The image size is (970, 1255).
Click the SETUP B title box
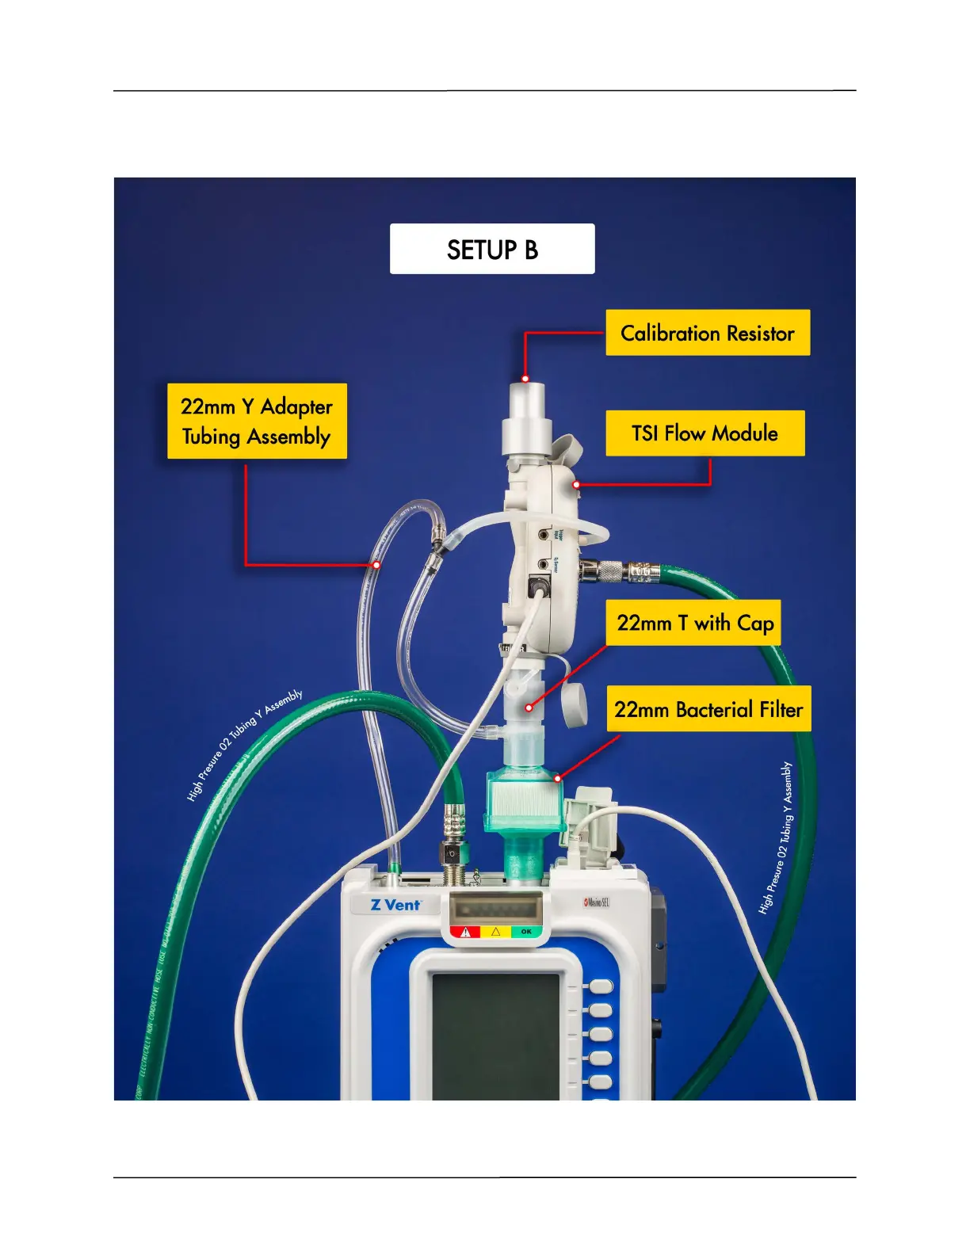click(491, 249)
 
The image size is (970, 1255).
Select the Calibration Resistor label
click(707, 333)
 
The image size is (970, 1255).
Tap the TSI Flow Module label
click(705, 433)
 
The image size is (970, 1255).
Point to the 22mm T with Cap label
click(694, 623)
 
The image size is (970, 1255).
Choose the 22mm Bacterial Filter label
click(708, 709)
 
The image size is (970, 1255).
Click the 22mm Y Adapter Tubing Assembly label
click(257, 421)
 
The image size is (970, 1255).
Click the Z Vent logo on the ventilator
click(395, 904)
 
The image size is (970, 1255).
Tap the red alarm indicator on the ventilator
click(466, 932)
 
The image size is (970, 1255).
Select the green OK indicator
click(526, 932)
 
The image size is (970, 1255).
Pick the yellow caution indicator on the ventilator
click(496, 932)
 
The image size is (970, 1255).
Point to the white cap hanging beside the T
click(575, 704)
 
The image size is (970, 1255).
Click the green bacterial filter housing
click(524, 800)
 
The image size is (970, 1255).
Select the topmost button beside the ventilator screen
click(600, 986)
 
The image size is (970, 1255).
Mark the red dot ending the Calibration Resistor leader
click(525, 379)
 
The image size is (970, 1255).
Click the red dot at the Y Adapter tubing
click(376, 565)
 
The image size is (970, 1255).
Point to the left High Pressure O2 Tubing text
click(244, 745)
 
